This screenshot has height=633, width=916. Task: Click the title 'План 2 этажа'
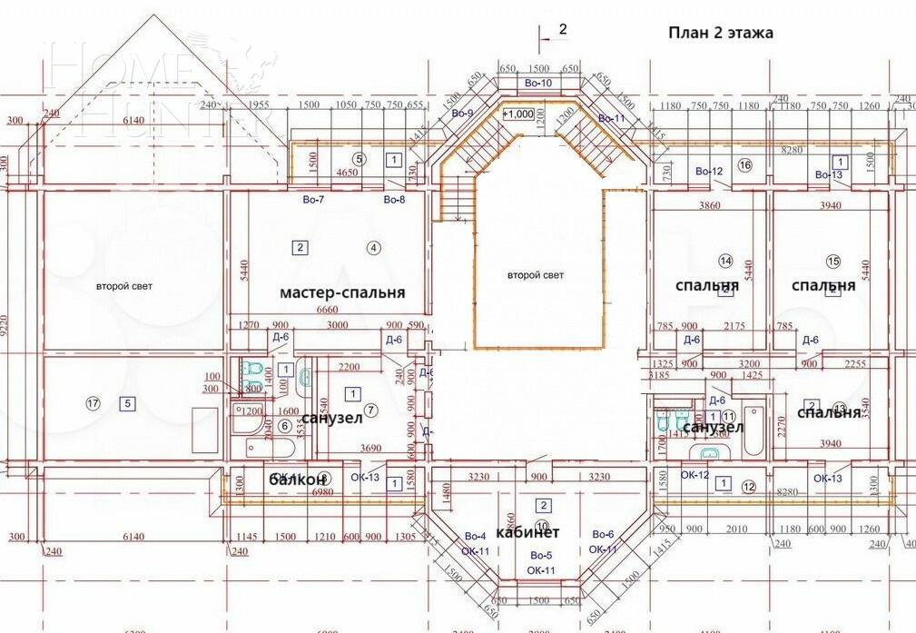click(x=721, y=34)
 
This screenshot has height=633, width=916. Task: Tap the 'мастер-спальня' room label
click(x=342, y=292)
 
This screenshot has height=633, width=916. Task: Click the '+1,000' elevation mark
click(x=519, y=114)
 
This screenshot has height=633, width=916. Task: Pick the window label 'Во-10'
click(x=537, y=84)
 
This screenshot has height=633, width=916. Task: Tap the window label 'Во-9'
click(x=462, y=114)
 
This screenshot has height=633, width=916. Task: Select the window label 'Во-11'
click(x=612, y=119)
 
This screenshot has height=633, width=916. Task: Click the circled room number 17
click(x=92, y=403)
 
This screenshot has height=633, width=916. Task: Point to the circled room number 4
click(x=372, y=247)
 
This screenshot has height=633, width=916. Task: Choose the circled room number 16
click(x=745, y=164)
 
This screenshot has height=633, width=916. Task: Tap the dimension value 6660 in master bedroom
click(x=327, y=311)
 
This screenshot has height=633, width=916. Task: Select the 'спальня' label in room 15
click(x=822, y=286)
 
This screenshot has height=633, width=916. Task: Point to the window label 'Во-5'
click(x=541, y=555)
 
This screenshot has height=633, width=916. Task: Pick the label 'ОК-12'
click(x=694, y=475)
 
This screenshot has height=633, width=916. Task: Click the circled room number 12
click(x=748, y=487)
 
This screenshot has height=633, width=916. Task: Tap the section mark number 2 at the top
click(x=562, y=30)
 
